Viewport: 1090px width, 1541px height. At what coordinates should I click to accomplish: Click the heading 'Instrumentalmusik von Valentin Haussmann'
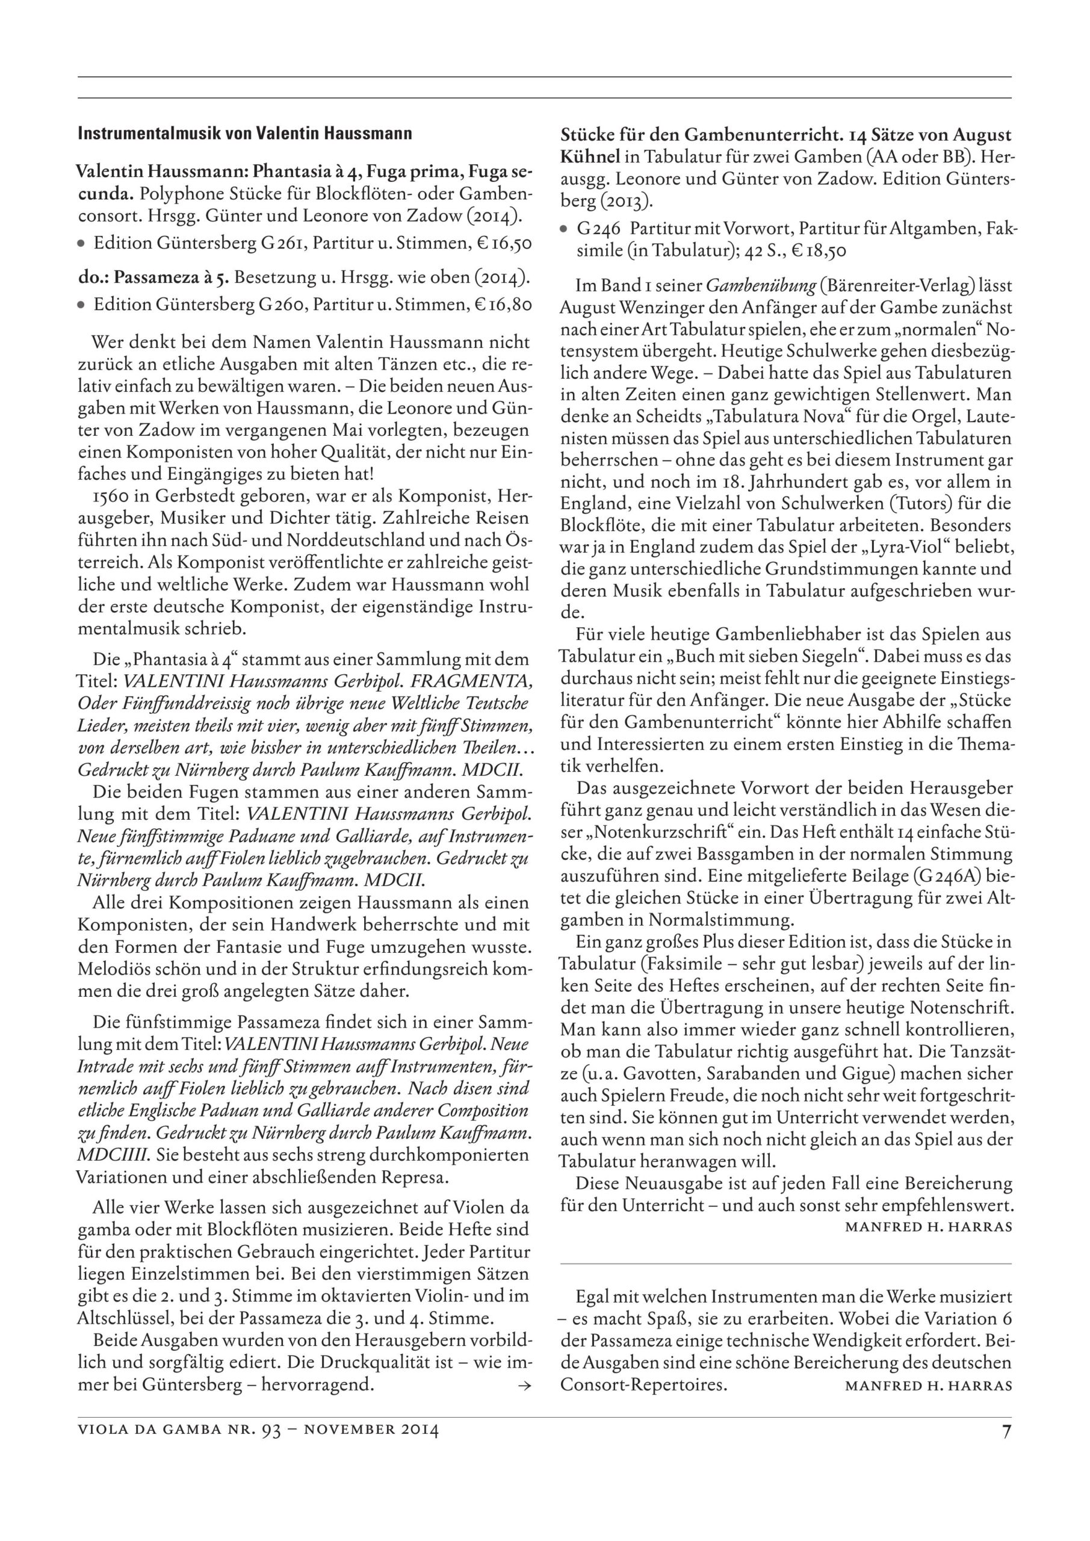coord(245,134)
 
